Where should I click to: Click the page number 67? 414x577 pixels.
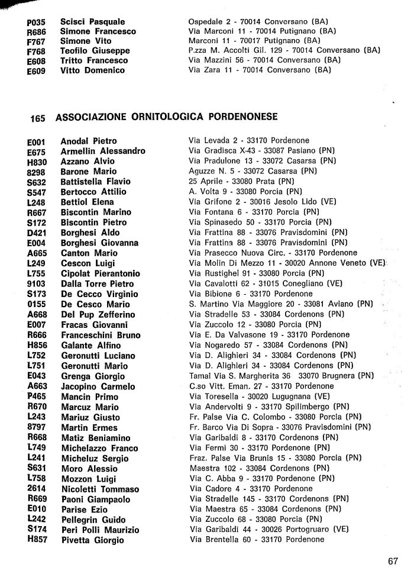click(x=393, y=561)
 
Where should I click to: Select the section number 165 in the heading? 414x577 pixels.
click(x=37, y=118)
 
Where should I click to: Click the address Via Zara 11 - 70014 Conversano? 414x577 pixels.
click(x=259, y=70)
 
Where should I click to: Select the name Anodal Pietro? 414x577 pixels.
click(x=89, y=141)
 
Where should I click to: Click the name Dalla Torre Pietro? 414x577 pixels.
click(x=98, y=283)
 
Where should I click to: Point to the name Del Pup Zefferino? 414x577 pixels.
click(x=98, y=314)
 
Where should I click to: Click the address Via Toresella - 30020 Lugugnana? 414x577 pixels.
click(x=259, y=396)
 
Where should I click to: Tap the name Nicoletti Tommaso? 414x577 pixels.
click(x=100, y=489)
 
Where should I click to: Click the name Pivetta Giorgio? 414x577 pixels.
click(x=92, y=540)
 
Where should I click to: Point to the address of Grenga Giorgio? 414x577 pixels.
click(x=280, y=375)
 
